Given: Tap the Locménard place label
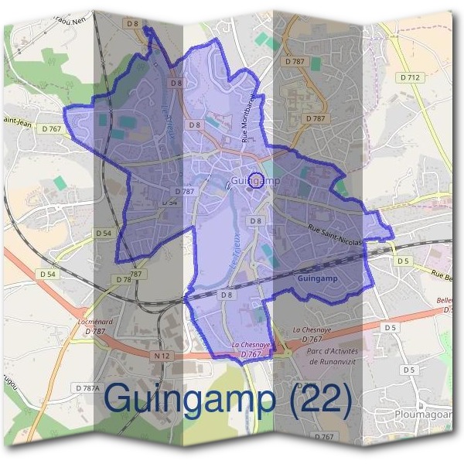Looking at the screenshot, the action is pos(95,321).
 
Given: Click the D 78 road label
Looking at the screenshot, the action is pos(123,279).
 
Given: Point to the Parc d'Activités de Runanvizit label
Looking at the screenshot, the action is pos(335,356).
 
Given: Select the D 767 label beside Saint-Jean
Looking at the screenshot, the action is pos(53,128).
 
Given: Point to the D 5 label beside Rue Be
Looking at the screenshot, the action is pos(403,261).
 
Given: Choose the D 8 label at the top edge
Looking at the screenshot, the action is pos(132,24).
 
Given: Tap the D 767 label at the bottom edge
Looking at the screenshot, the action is pos(326,437).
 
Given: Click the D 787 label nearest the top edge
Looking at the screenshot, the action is pos(295,60).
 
